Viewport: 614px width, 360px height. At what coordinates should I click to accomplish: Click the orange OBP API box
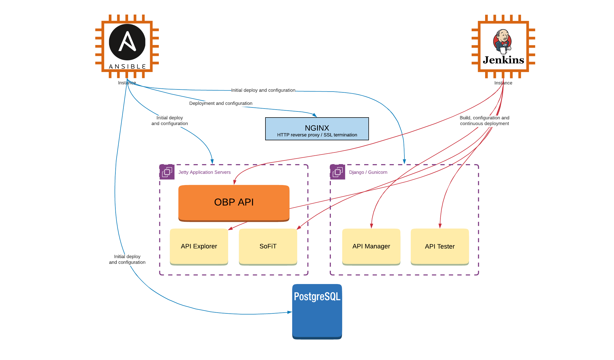pos(234,202)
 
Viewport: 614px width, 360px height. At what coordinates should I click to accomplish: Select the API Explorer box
pos(199,246)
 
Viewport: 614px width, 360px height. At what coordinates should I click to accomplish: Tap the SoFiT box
pos(268,246)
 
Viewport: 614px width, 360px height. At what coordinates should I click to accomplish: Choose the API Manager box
pos(371,246)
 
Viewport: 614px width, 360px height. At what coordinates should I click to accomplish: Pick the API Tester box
pos(440,246)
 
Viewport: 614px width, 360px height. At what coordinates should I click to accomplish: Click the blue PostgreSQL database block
pos(317,311)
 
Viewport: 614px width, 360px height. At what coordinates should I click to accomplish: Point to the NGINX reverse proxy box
pos(317,129)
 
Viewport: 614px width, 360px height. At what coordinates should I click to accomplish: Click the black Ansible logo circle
pos(127,42)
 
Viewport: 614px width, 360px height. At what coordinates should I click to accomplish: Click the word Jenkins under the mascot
pos(503,60)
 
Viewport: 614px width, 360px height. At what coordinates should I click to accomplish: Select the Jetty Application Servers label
pos(204,172)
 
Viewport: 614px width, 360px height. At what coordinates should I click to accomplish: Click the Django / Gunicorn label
pos(368,172)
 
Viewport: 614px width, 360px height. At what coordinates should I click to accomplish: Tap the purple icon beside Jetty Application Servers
pos(167,172)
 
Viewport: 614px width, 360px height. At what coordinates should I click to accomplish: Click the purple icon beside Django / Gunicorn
pos(338,172)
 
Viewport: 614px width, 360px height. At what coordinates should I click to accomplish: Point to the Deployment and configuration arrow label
pos(220,103)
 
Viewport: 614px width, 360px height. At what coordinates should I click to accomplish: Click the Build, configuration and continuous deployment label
pos(484,121)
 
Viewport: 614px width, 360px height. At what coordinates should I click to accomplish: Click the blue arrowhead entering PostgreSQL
pos(290,312)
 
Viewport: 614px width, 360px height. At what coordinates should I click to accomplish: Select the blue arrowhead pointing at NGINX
pos(315,115)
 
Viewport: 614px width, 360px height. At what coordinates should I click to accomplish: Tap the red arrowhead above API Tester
pos(440,226)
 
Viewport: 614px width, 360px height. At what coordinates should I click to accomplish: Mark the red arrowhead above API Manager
pos(372,226)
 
